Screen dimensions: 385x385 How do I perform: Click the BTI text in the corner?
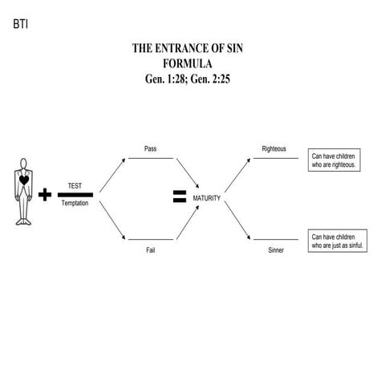tap(20, 24)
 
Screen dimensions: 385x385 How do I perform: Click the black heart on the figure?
tap(25, 181)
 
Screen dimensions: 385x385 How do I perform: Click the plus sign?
tap(45, 194)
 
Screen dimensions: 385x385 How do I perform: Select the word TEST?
tap(75, 185)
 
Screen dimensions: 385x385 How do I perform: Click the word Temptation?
tap(75, 204)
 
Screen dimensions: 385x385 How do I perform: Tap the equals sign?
tap(180, 197)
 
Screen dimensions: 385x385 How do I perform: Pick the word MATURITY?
tap(206, 197)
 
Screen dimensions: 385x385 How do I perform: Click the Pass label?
tap(150, 149)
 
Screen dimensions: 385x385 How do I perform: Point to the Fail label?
tap(150, 250)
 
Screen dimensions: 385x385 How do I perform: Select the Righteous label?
tap(274, 149)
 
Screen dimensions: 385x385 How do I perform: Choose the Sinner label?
tap(275, 250)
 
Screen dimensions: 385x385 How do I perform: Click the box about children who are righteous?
tap(338, 159)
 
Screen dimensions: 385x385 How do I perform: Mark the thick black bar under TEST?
tap(75, 195)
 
